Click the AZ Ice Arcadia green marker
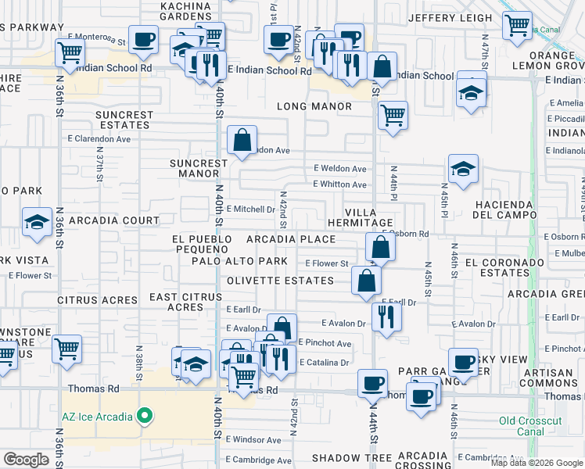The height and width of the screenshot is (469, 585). click(x=144, y=416)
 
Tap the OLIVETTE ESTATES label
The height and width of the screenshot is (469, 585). click(x=280, y=281)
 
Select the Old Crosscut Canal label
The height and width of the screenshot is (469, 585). click(x=529, y=426)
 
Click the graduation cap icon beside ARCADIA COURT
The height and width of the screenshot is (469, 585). click(x=37, y=222)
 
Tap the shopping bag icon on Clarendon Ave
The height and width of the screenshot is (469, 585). click(x=242, y=141)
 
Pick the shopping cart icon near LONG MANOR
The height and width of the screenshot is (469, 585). click(x=393, y=115)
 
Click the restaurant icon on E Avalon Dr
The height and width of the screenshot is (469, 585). click(x=386, y=316)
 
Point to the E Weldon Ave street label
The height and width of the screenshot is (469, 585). click(x=339, y=168)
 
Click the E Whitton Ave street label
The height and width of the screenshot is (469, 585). click(x=339, y=184)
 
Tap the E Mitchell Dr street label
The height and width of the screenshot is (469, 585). click(x=250, y=209)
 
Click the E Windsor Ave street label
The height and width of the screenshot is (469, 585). click(x=253, y=440)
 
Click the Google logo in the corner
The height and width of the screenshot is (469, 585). click(x=27, y=460)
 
